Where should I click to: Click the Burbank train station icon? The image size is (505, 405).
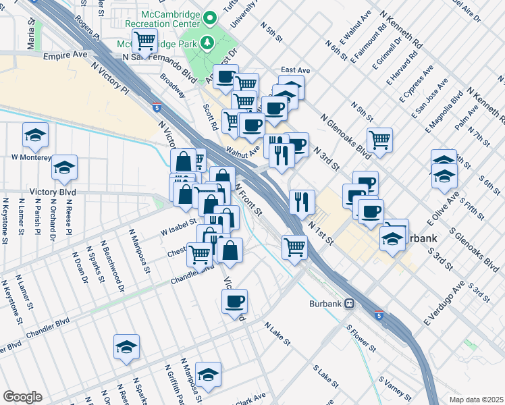click(x=350, y=303)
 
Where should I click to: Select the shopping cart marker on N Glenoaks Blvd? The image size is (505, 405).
click(x=380, y=140)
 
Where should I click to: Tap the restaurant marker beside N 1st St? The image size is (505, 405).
click(x=302, y=200)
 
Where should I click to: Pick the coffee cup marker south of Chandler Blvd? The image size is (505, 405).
click(x=234, y=300)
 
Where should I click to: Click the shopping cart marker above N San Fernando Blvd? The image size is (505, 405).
click(x=144, y=41)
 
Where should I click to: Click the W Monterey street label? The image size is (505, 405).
click(x=31, y=157)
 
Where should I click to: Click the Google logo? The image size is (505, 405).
click(x=22, y=397)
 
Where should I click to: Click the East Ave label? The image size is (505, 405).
click(x=295, y=70)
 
